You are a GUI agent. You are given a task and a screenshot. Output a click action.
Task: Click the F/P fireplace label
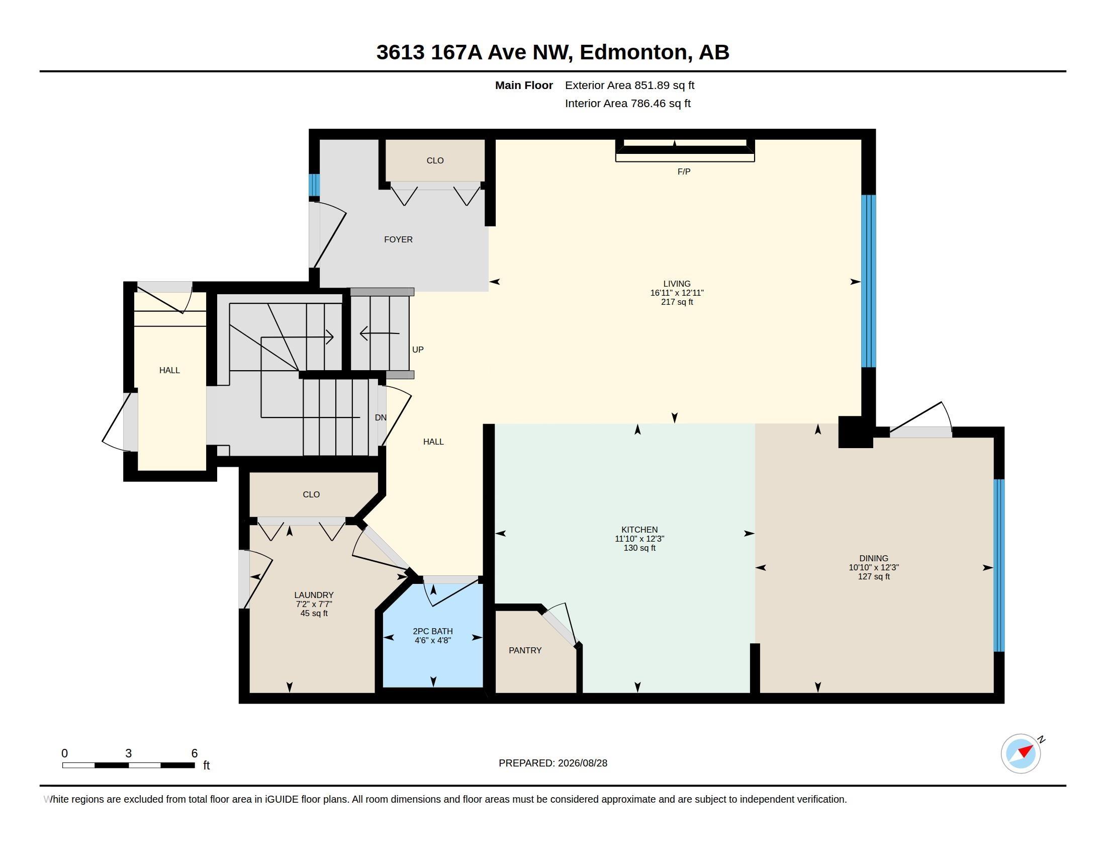point(684,172)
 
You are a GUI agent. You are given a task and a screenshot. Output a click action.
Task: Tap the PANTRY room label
point(525,650)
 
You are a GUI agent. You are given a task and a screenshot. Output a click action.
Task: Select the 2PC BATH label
point(432,631)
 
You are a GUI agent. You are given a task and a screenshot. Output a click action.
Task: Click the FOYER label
point(398,239)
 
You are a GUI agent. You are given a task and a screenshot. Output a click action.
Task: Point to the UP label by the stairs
point(418,350)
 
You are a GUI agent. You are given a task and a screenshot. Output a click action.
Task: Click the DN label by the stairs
point(381,418)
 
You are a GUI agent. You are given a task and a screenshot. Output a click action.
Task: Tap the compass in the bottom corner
point(1021,753)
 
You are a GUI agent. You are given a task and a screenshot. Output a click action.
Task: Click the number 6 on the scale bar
point(195,753)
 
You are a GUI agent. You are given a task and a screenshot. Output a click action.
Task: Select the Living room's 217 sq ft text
point(677,302)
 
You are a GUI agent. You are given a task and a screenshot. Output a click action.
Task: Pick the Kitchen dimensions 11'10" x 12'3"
point(639,539)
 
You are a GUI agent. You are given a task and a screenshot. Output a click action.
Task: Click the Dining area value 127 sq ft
point(874,576)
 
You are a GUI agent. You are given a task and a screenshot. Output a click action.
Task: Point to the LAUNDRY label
point(314,595)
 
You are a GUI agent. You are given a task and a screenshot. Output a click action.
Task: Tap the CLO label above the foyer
point(435,160)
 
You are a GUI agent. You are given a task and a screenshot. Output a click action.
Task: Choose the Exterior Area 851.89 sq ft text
point(629,85)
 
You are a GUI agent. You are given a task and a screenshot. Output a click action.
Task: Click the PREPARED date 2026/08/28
point(582,763)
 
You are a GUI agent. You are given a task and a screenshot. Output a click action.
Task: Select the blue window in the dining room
point(998,565)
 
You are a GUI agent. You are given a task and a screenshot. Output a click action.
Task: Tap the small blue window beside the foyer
point(315,185)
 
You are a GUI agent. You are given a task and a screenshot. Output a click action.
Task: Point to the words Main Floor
point(524,85)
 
